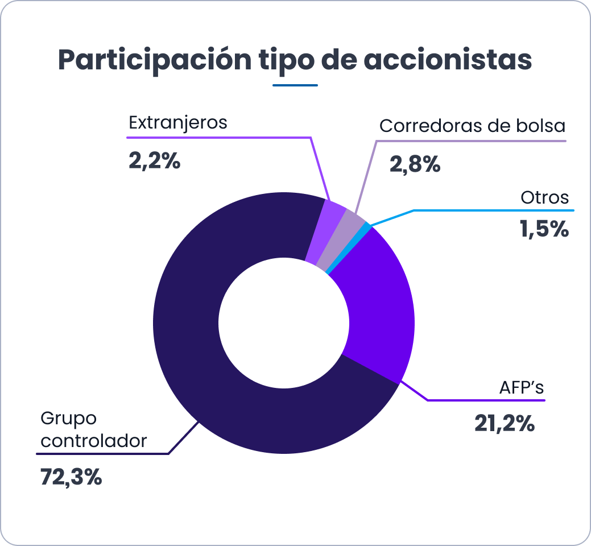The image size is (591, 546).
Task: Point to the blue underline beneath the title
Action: [x=295, y=86]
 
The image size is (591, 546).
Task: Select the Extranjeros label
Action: [x=178, y=122]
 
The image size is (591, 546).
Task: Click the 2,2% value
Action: [x=154, y=161]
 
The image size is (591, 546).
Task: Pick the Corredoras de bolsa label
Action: [x=472, y=126]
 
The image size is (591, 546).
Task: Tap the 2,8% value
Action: [x=415, y=164]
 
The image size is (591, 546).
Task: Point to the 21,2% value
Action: [x=505, y=424]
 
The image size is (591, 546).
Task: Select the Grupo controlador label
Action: [x=94, y=429]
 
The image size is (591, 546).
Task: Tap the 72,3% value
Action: [x=71, y=477]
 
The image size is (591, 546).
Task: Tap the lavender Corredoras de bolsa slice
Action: [x=340, y=239]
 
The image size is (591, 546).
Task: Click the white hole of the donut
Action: [x=284, y=324]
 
